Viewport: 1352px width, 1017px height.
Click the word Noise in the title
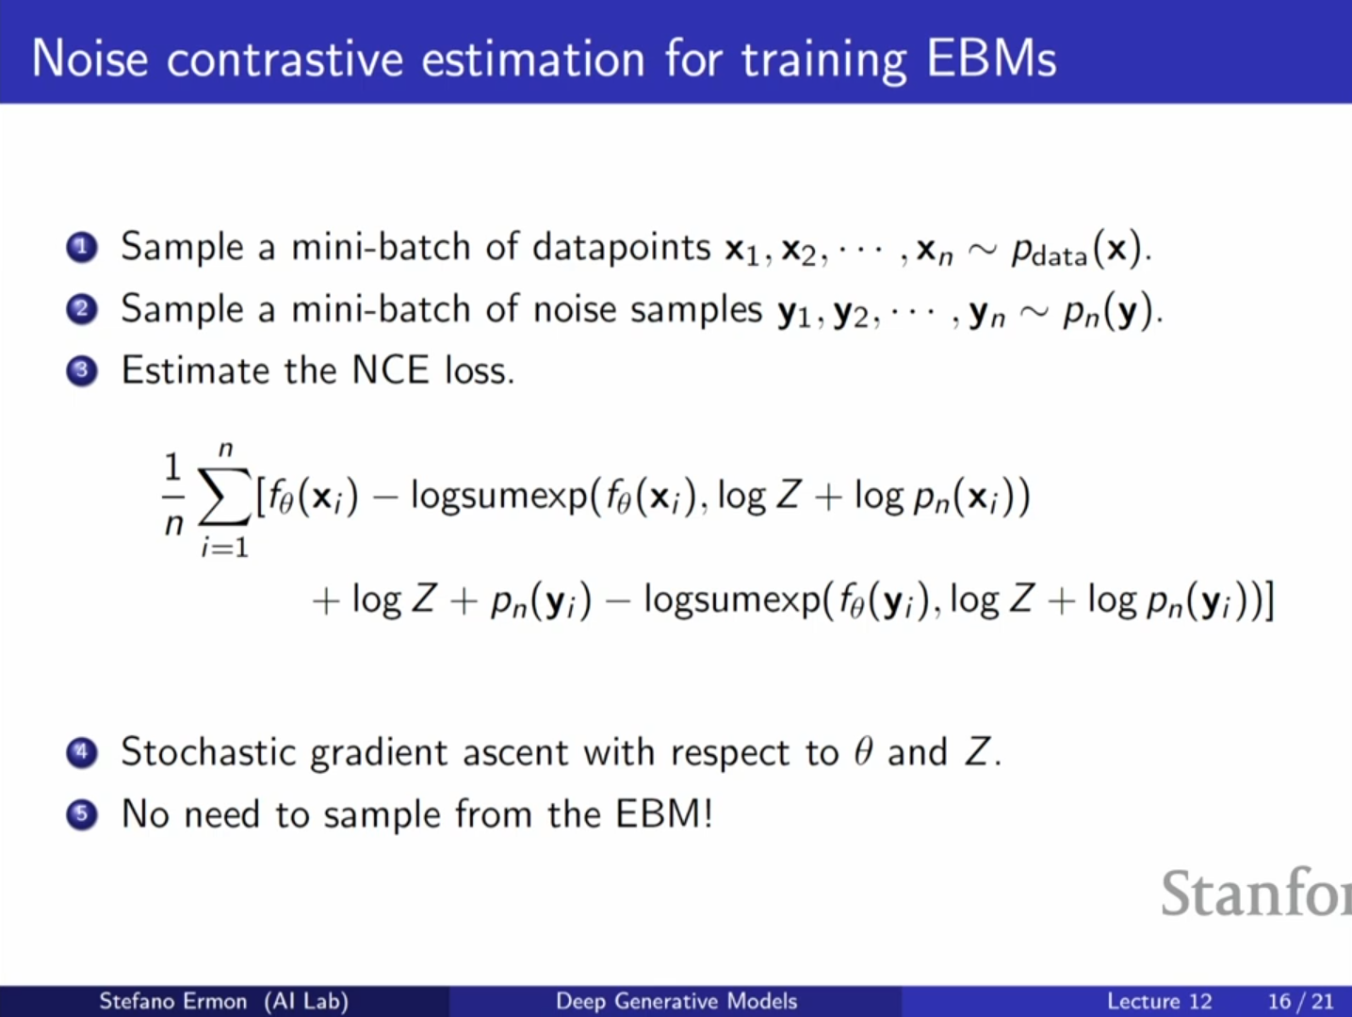(90, 59)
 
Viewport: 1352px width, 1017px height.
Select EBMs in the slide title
(991, 59)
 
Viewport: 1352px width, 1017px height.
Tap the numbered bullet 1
(82, 248)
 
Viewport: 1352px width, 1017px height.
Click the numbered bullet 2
(82, 309)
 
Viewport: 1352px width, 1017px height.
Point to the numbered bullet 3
(82, 371)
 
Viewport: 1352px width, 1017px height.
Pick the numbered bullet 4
(82, 753)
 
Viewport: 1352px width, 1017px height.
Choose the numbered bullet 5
(82, 814)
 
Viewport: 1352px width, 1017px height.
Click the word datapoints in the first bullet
(622, 249)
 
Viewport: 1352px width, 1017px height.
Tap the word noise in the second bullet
(575, 309)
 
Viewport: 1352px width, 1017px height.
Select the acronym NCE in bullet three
(390, 370)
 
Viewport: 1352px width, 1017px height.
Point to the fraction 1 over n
(173, 495)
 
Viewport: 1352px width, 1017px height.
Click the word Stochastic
(208, 752)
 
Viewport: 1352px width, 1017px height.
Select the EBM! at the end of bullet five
(664, 813)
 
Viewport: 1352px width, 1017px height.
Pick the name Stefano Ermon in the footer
(173, 1001)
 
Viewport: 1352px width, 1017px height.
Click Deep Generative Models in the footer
(676, 1001)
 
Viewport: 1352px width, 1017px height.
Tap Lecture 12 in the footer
(1159, 1001)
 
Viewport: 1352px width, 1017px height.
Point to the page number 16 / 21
(1301, 1001)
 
